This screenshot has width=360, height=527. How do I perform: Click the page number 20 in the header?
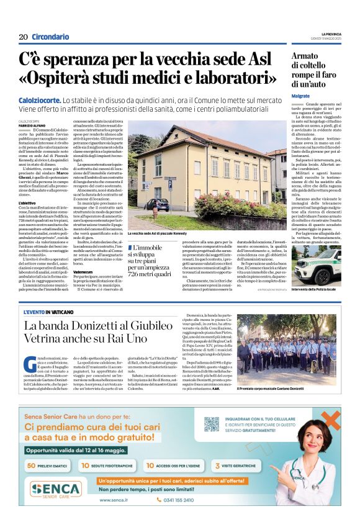click(23, 37)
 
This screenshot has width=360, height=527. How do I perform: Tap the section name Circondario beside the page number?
click(50, 37)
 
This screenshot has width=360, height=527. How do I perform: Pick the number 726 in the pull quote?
click(136, 273)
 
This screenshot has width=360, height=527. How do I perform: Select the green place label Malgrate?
click(300, 96)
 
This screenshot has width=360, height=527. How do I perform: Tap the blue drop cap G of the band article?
click(29, 364)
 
